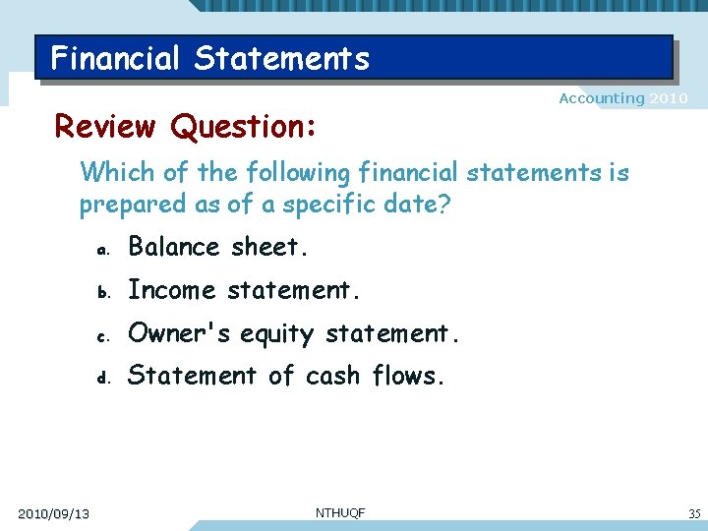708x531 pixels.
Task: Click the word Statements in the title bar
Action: coord(281,59)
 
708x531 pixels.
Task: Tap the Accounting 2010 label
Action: coord(622,98)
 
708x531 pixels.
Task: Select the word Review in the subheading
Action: coord(104,127)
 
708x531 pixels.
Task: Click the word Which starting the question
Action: coord(111,173)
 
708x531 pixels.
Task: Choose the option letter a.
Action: coord(101,250)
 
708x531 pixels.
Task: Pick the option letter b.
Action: coord(101,292)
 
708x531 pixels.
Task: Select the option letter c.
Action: coord(101,335)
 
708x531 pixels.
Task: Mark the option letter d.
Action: coord(101,378)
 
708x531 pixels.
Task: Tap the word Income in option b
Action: coord(171,290)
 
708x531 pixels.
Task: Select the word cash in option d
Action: coord(333,376)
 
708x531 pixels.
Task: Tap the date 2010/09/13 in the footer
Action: coord(54,514)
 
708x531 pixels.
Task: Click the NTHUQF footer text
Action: coord(340,512)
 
